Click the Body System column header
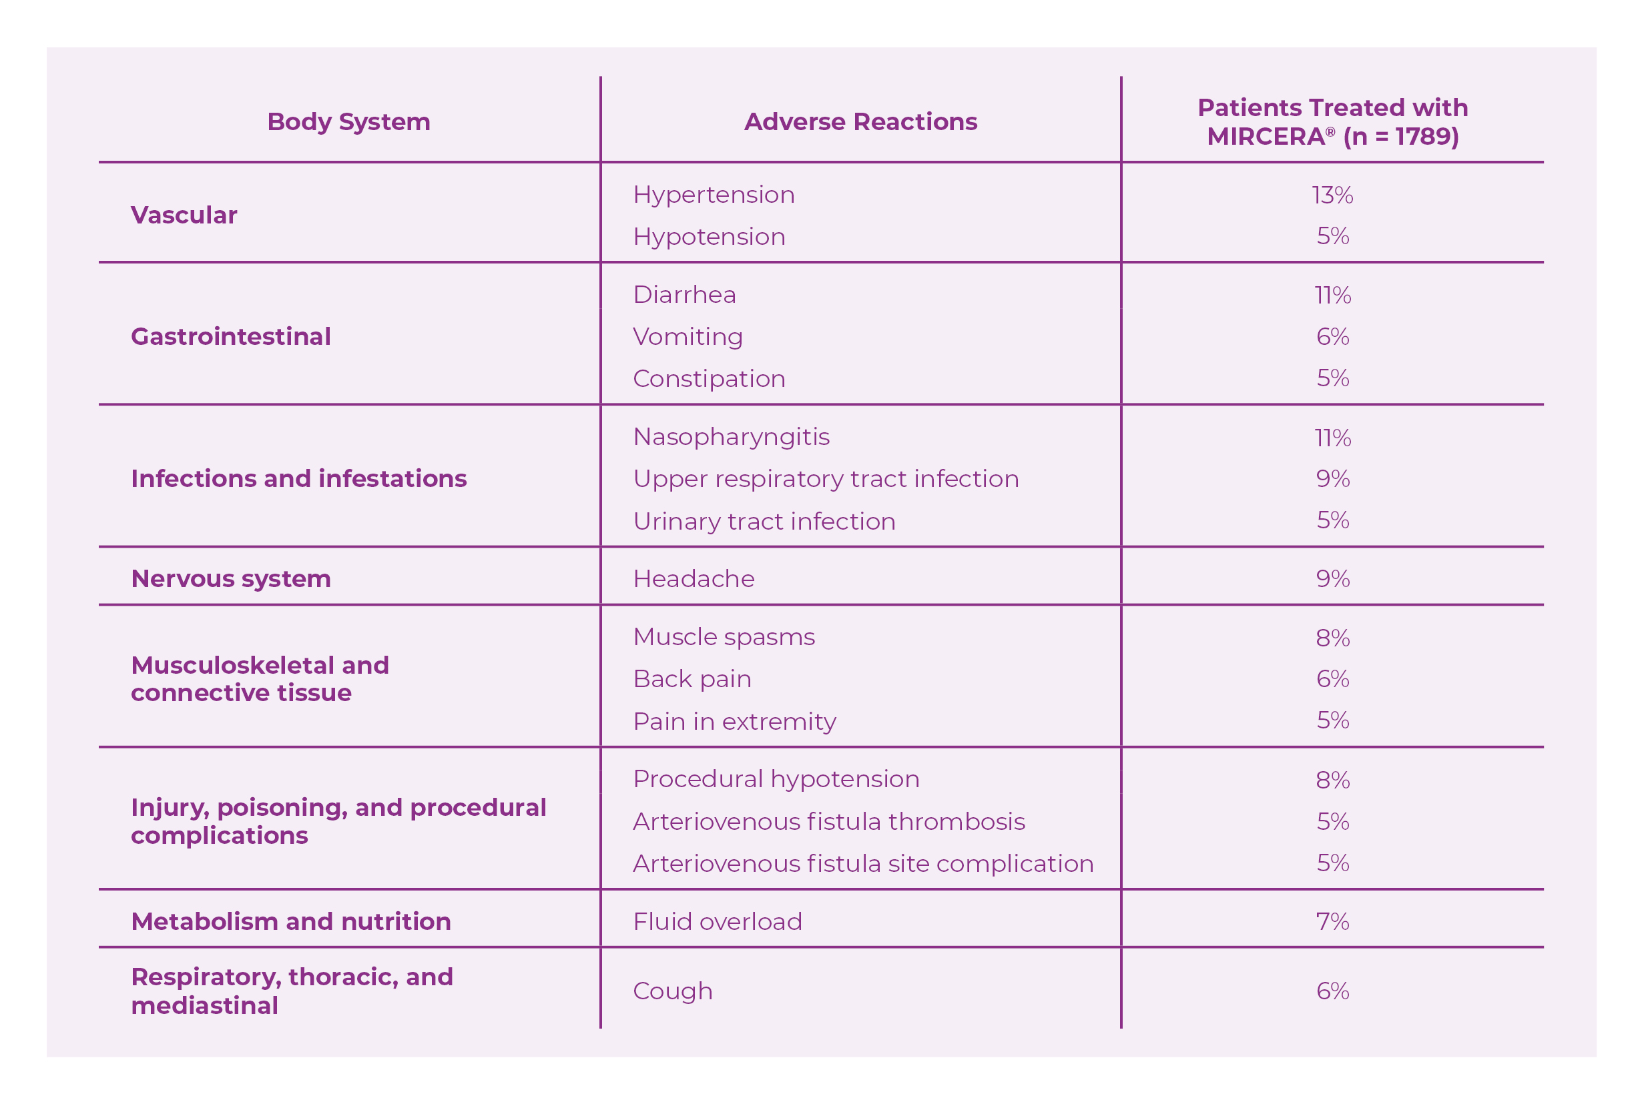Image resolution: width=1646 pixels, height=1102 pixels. point(348,122)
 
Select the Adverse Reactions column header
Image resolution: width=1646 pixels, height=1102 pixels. point(860,122)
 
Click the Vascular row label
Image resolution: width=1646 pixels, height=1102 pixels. point(184,215)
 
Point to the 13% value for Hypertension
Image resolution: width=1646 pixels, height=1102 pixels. point(1332,195)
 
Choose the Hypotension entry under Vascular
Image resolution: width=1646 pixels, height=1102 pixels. point(709,237)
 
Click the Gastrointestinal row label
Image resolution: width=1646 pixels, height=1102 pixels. point(231,337)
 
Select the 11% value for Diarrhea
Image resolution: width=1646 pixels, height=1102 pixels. point(1332,295)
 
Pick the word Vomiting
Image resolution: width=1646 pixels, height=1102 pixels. point(688,337)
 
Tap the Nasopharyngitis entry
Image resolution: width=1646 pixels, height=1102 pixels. point(732,437)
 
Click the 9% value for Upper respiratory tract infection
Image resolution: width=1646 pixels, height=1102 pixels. point(1332,478)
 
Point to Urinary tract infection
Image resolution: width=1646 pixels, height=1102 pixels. point(764,522)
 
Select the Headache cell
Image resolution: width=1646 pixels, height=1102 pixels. point(694,579)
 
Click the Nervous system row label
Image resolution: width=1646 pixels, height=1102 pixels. point(231,579)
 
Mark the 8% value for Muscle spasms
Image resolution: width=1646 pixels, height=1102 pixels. point(1332,638)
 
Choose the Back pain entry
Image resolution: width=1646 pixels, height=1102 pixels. point(692,680)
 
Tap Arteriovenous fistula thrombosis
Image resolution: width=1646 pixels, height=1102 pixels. point(828,822)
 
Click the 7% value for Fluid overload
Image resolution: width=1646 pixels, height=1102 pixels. point(1332,921)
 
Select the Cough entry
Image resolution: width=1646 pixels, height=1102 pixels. point(672,991)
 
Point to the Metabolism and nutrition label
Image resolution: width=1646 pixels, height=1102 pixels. point(290,921)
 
